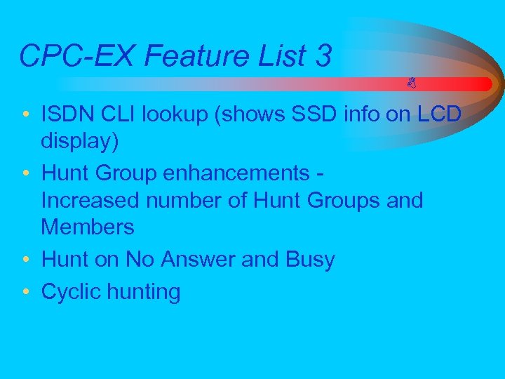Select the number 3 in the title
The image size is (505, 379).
click(323, 55)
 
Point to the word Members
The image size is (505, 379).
click(87, 226)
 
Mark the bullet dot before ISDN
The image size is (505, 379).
click(25, 114)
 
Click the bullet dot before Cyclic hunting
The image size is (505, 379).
click(25, 291)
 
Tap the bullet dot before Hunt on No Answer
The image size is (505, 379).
click(25, 259)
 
